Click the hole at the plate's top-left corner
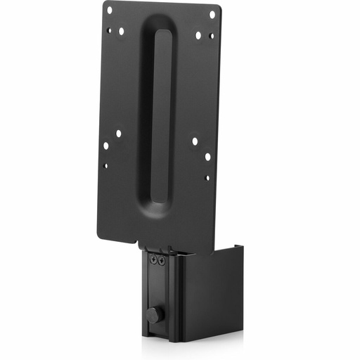[109, 10]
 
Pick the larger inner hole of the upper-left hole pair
[121, 31]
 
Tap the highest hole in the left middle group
[118, 133]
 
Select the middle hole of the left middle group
[106, 146]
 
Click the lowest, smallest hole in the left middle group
[105, 166]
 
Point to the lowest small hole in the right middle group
[207, 177]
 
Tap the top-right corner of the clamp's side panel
[241, 246]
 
